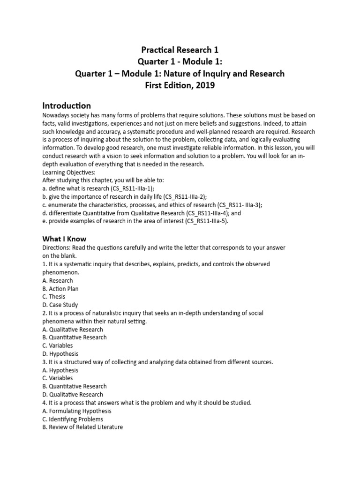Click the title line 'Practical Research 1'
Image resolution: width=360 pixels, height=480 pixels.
pos(180,49)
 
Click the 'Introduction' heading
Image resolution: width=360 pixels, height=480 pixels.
pos(67,105)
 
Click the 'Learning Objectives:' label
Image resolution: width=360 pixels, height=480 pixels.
pos(69,172)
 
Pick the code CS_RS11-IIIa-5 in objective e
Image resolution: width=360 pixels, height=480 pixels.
pos(199,221)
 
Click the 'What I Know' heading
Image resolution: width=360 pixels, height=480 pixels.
pos(64,239)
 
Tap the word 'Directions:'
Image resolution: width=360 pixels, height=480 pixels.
pos(58,247)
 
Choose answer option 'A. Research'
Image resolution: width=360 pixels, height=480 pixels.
pos(58,280)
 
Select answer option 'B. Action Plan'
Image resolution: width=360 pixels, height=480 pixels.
pos(60,289)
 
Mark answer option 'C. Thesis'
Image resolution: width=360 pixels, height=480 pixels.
pos(54,297)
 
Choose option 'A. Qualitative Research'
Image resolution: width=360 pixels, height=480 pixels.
pos(73,330)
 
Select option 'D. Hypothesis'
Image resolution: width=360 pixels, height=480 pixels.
pos(60,354)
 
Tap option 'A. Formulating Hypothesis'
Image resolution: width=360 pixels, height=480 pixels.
pos(77,411)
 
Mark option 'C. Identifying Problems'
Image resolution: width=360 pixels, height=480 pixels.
pos(73,419)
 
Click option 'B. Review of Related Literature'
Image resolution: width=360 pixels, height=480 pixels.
pos(82,427)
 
